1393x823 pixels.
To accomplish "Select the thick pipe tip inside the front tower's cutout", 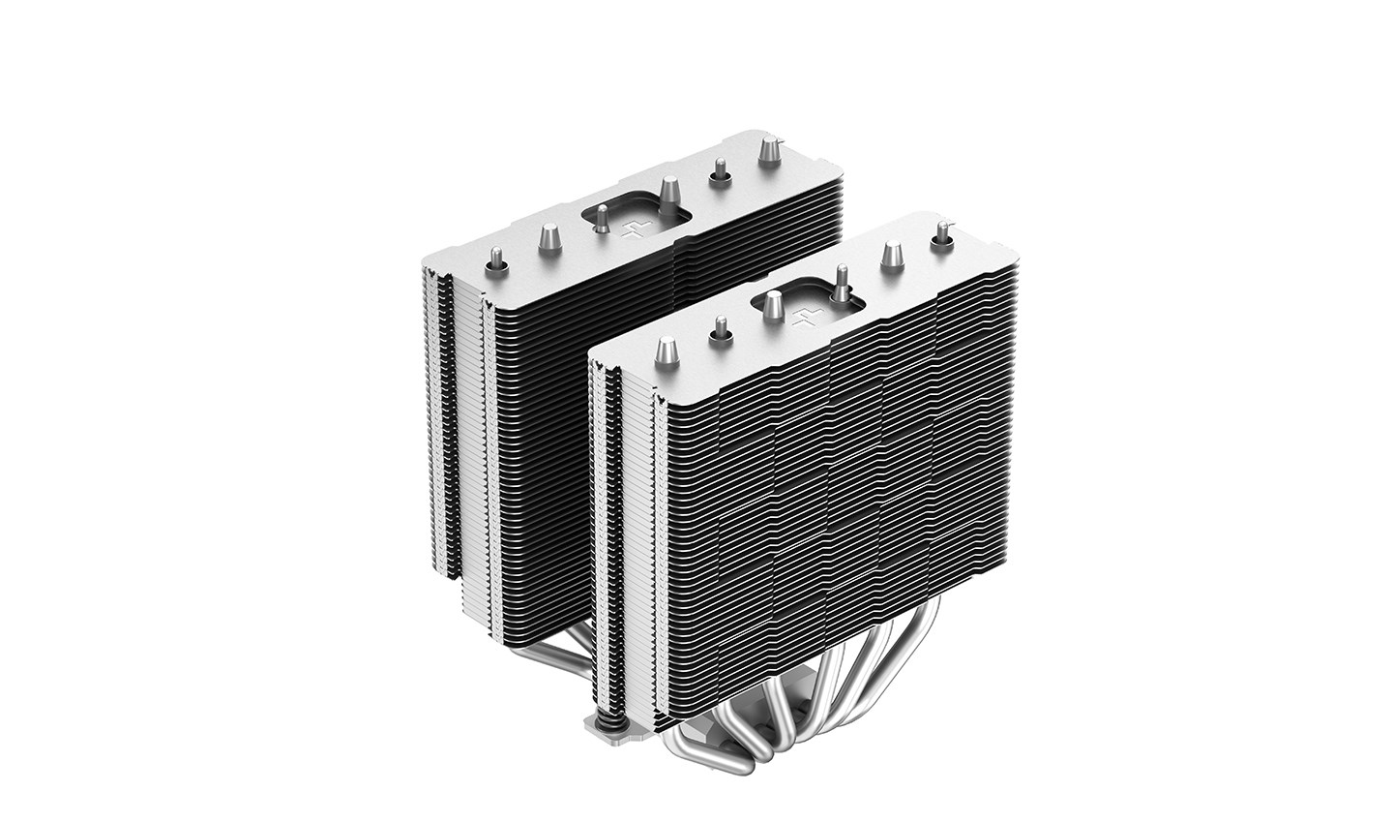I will coord(773,307).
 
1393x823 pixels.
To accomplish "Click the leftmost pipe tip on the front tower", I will coord(667,350).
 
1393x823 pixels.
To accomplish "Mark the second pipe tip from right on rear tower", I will coord(719,170).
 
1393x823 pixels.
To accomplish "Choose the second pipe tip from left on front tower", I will coord(718,328).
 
